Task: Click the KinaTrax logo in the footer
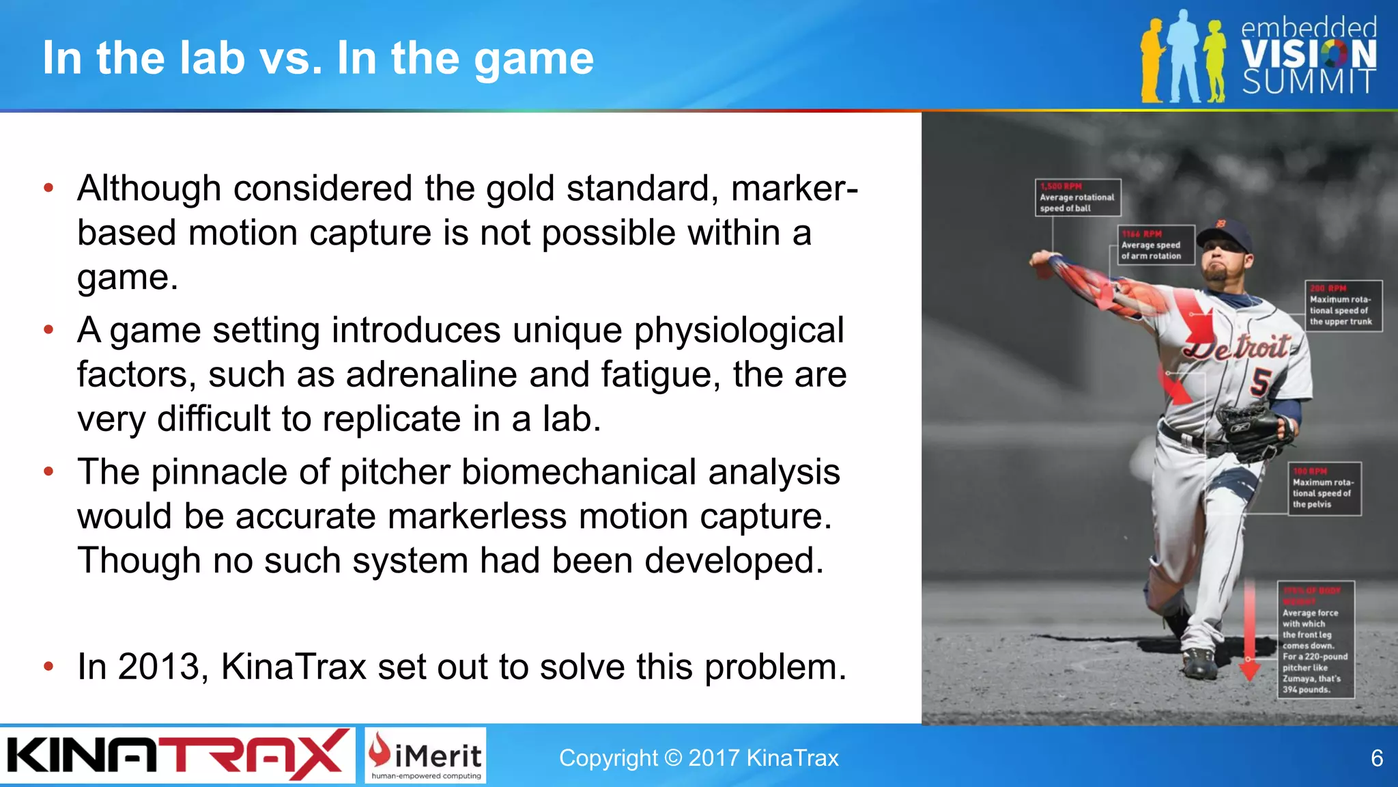(176, 755)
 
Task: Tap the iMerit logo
(425, 755)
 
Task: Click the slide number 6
(1377, 758)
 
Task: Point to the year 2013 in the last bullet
(162, 667)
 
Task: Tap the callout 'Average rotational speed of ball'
(1077, 197)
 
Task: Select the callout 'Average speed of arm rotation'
(1156, 245)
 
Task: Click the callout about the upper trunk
(1343, 305)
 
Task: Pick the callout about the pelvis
(1324, 488)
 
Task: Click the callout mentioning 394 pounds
(1315, 640)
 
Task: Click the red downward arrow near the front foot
(1249, 635)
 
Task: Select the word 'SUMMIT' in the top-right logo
(1308, 82)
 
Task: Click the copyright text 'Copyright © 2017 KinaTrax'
(698, 758)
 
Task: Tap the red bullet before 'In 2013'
(48, 667)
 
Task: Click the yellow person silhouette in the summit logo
(1152, 61)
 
